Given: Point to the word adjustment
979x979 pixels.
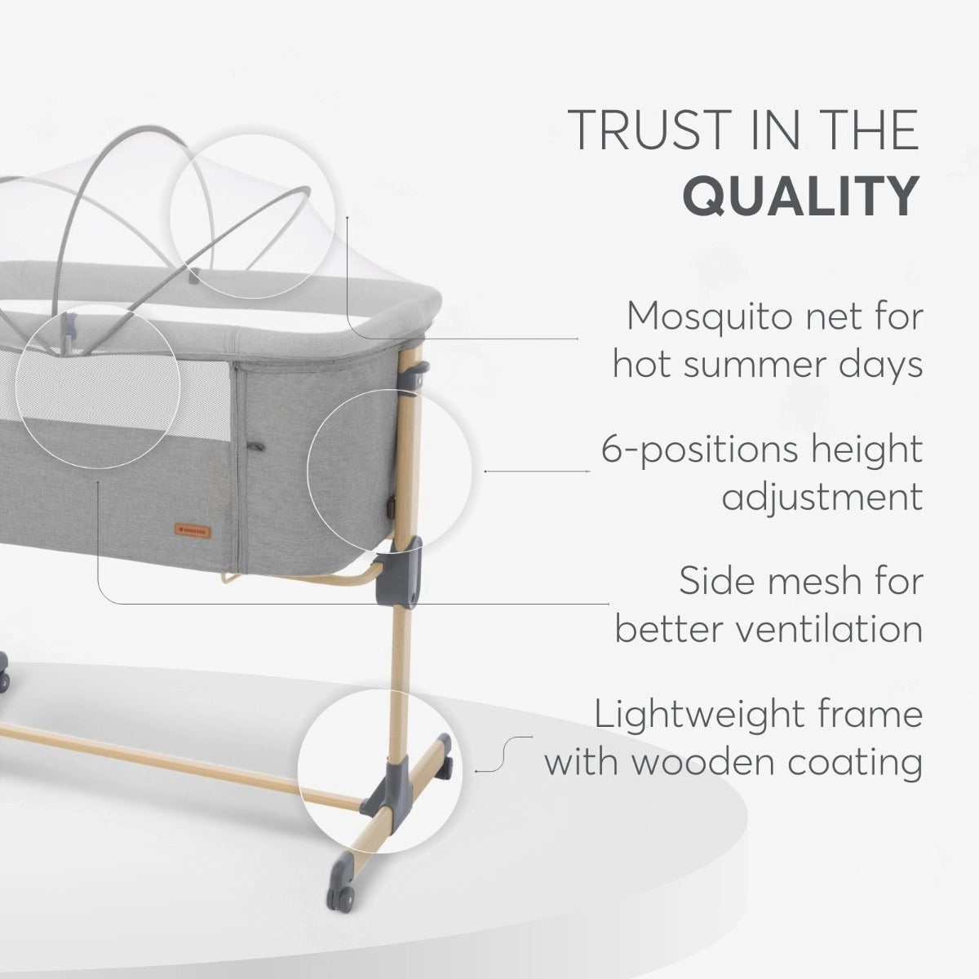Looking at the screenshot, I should coord(822,498).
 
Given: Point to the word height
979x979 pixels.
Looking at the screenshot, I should coord(866,450).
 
